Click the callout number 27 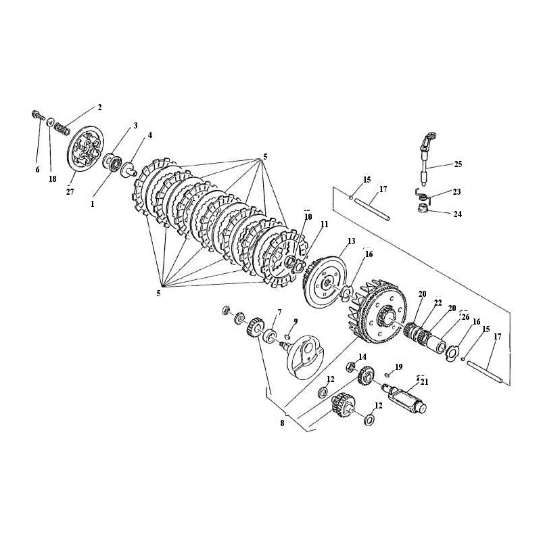70,191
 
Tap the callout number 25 458,164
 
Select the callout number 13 351,241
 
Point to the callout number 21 424,382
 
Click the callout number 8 282,423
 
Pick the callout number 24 458,214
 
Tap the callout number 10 308,216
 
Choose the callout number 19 398,367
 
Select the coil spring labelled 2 62,129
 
